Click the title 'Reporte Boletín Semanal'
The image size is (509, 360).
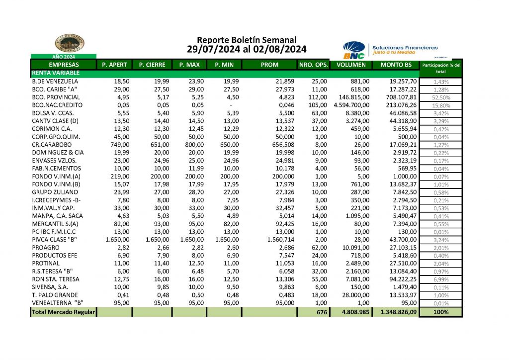(247, 40)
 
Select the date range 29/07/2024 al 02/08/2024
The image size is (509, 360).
(247, 49)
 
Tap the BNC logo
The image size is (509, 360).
(354, 50)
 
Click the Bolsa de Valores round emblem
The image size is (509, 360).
(70, 43)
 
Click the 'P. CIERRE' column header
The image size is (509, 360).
(152, 65)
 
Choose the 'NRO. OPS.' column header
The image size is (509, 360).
(313, 65)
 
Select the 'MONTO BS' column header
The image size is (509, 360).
(396, 65)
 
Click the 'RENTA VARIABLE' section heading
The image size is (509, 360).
(51, 73)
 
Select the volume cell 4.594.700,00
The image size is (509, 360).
(351, 105)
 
